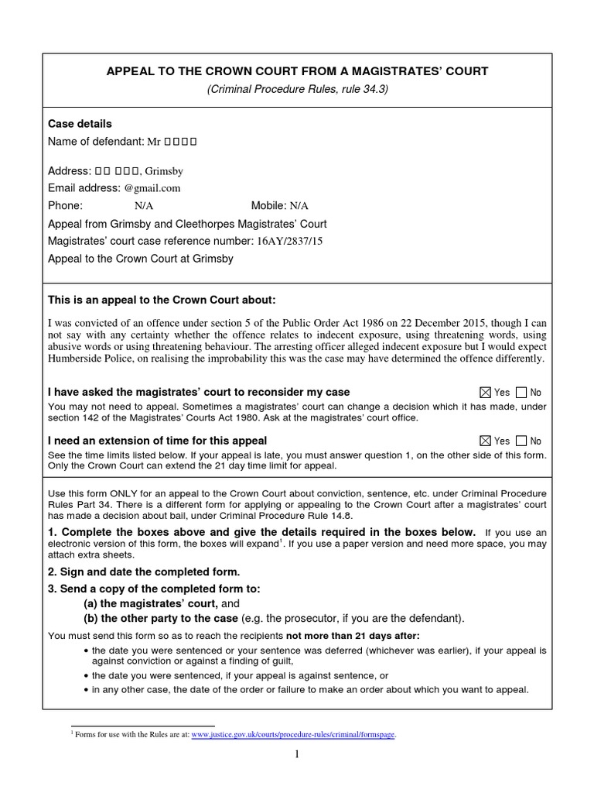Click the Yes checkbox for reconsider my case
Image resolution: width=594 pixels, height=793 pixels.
tap(485, 393)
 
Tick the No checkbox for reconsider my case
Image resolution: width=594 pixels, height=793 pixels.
tap(521, 393)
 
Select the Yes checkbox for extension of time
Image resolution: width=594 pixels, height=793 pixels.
tap(485, 441)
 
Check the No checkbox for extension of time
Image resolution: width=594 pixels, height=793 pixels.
tap(521, 441)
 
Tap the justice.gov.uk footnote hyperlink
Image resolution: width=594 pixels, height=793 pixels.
tap(293, 735)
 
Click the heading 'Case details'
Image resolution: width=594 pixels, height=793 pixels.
tap(80, 124)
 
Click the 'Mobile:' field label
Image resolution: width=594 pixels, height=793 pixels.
tap(268, 206)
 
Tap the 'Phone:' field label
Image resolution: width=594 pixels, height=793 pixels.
tap(65, 206)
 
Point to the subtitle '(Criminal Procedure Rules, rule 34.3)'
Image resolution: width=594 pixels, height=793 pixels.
tap(296, 89)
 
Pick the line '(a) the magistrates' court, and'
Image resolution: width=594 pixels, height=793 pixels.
tap(162, 603)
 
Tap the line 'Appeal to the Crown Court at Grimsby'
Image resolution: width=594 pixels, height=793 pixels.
tap(140, 259)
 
